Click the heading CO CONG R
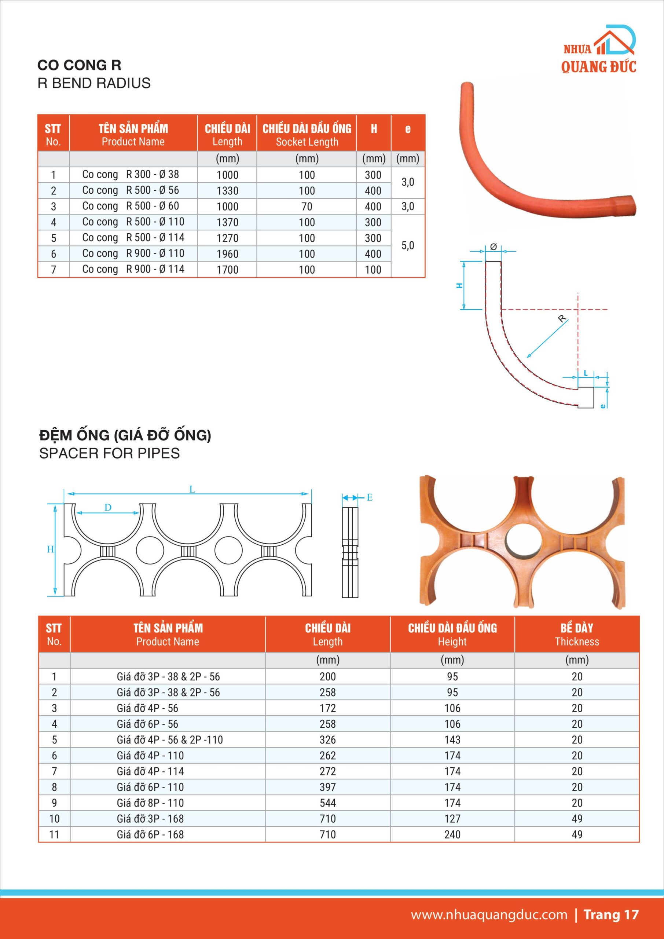[x=79, y=65]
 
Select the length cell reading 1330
[x=227, y=191]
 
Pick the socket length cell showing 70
[x=307, y=207]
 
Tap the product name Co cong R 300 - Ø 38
[x=131, y=175]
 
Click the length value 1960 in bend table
[x=227, y=254]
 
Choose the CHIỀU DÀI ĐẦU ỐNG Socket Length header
[x=307, y=135]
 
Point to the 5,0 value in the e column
[x=408, y=245]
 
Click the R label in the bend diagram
[x=562, y=319]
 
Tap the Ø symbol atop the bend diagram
[x=493, y=246]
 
